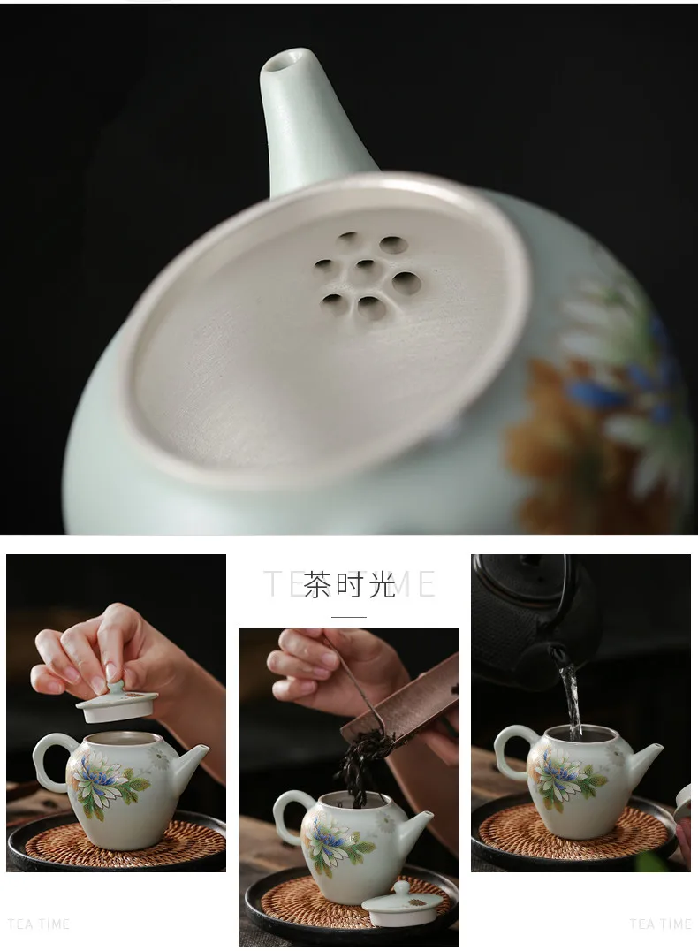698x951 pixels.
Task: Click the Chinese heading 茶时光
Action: coord(349,584)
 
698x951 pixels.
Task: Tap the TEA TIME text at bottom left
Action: coord(39,924)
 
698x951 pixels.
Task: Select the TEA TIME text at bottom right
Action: coord(660,924)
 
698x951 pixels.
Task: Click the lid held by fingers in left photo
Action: coord(117,704)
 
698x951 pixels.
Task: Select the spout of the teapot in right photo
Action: coord(645,757)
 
